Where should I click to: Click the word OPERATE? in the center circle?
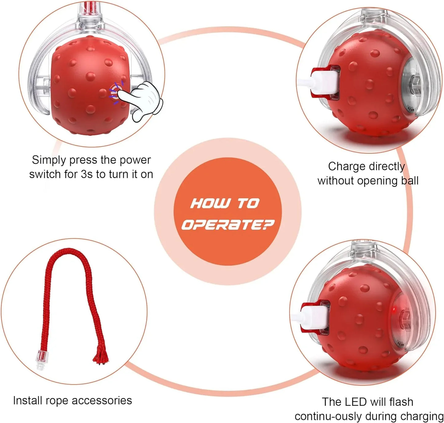click(x=227, y=225)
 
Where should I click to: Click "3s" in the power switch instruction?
click(x=87, y=174)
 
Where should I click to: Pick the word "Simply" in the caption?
click(x=49, y=160)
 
